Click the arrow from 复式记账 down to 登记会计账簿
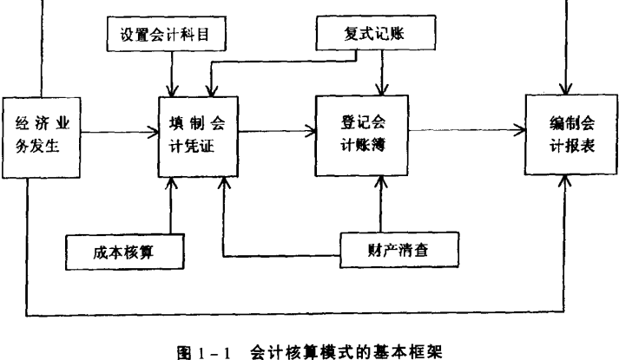point(380,69)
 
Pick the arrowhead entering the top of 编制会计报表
point(568,88)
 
